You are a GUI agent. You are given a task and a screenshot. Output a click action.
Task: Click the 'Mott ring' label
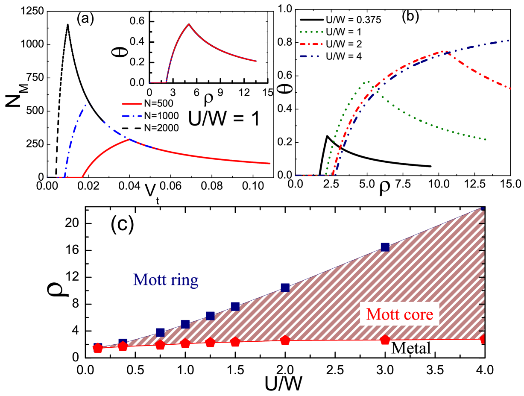(166, 279)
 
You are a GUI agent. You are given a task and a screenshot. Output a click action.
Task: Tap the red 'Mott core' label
(400, 314)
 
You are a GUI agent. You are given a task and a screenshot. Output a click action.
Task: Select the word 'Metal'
(411, 348)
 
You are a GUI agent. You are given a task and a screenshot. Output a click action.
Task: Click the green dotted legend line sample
(311, 32)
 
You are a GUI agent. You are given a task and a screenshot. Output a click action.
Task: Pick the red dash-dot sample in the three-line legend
(311, 44)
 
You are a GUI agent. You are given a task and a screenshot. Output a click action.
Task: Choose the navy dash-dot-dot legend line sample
(311, 56)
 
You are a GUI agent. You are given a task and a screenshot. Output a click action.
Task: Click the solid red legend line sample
(132, 104)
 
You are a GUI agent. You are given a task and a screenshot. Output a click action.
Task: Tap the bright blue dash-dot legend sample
(132, 116)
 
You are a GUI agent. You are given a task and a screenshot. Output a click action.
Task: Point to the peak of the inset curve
(188, 23)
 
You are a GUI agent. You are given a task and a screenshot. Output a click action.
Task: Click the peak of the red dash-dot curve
(445, 52)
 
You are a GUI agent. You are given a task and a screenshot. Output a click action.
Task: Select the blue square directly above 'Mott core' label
(385, 247)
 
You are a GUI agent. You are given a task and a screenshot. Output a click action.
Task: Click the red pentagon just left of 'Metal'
(385, 340)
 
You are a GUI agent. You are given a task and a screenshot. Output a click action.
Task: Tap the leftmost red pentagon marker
(97, 349)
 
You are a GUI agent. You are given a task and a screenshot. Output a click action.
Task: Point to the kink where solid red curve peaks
(128, 139)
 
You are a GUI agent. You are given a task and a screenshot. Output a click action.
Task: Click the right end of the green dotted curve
(486, 139)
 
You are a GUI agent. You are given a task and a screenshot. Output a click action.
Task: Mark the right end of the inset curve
(256, 61)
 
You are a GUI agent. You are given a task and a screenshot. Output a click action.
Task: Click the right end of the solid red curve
(270, 163)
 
